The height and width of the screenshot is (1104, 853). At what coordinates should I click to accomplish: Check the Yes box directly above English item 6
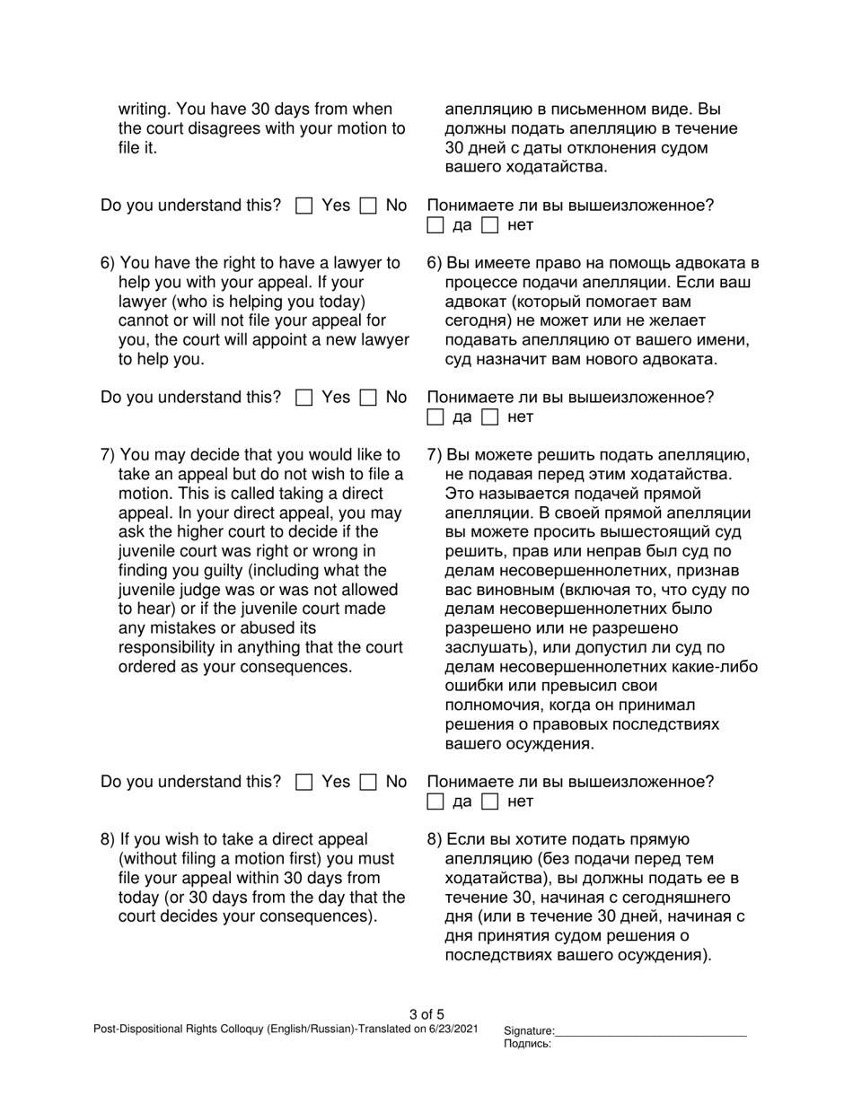pos(303,206)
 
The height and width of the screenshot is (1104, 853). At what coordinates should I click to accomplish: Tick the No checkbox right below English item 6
pos(367,398)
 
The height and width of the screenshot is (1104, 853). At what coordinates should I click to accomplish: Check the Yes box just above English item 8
pos(303,783)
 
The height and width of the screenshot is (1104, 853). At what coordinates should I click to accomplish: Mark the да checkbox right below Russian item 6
pos(435,417)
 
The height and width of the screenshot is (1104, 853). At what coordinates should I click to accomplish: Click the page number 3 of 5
pos(426,1015)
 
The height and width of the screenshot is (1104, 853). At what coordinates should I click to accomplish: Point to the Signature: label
pos(530,1031)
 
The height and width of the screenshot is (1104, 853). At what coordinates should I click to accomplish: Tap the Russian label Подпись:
pos(528,1044)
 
